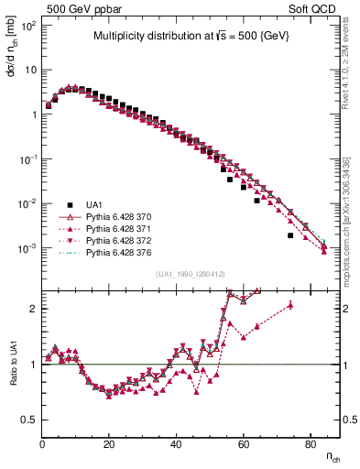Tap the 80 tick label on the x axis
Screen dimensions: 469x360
310,444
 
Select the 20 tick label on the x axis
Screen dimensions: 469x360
109,444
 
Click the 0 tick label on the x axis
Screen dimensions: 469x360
42,444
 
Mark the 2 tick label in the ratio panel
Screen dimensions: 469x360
33,308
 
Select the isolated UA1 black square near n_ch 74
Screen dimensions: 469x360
289,235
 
